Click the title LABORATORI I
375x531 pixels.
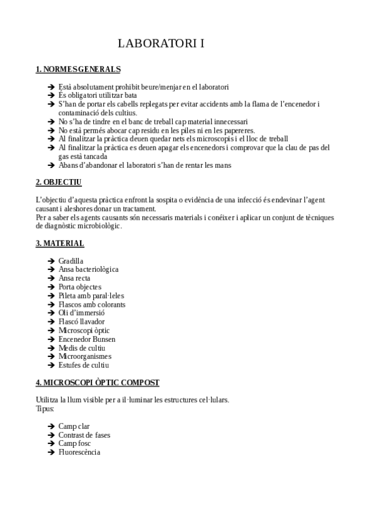pyautogui.click(x=162, y=44)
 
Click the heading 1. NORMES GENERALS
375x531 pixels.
pyautogui.click(x=78, y=69)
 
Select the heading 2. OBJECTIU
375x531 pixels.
pyautogui.click(x=59, y=182)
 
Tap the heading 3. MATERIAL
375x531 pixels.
pyautogui.click(x=60, y=243)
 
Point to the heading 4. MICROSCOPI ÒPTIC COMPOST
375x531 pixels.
pyautogui.click(x=98, y=381)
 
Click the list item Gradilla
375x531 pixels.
pyautogui.click(x=71, y=260)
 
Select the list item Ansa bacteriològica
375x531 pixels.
pyautogui.click(x=88, y=269)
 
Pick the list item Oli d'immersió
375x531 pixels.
pyautogui.click(x=81, y=312)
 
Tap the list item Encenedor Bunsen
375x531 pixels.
pyautogui.click(x=86, y=339)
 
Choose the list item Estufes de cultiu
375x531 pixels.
pyautogui.click(x=84, y=365)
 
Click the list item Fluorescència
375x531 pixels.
pyautogui.click(x=79, y=451)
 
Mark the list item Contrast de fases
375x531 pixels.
pyautogui.click(x=85, y=435)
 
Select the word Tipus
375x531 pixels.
pyautogui.click(x=45, y=408)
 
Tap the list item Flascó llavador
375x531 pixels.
pyautogui.click(x=82, y=321)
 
